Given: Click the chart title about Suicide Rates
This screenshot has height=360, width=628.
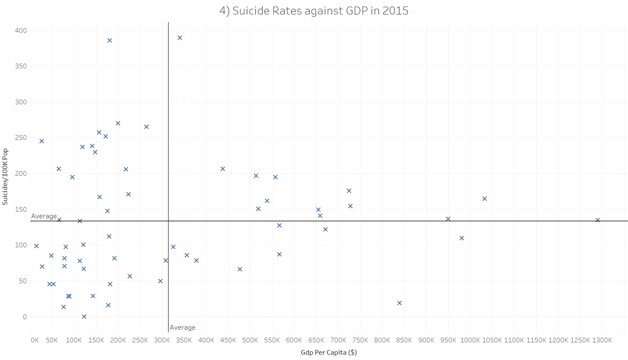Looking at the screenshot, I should click(314, 11).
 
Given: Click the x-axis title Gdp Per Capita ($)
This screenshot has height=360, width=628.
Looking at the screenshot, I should click(328, 353).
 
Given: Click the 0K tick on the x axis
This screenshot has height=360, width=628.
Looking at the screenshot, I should click(34, 340).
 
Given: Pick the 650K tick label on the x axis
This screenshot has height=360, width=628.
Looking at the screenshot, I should click(316, 340).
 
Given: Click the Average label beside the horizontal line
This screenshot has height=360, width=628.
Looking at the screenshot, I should click(44, 216).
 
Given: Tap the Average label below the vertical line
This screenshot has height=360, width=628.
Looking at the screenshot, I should click(182, 328).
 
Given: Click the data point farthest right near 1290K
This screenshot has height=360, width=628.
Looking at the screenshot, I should click(598, 220).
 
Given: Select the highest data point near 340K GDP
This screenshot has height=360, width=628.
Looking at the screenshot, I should click(180, 38).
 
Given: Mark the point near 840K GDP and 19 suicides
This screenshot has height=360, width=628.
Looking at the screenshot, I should click(400, 303).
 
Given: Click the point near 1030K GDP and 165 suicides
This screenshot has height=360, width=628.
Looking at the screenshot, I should click(485, 199).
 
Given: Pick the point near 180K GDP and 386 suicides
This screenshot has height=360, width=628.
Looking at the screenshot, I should click(110, 40).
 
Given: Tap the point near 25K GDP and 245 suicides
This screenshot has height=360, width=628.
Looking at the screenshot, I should click(42, 141).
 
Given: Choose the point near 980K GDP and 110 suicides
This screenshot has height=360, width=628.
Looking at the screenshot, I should click(462, 238).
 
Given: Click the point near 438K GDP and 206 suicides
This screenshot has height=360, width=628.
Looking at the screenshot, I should click(223, 169).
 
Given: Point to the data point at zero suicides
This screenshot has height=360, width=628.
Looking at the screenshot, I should click(84, 317).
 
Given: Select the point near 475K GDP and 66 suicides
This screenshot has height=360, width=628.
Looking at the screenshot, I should click(240, 269).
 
